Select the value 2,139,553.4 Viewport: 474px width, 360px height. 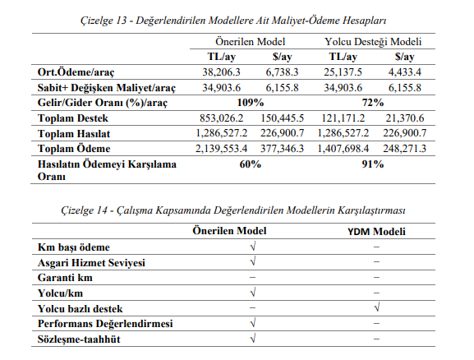pyautogui.click(x=219, y=149)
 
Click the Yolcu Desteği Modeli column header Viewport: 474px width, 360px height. pyautogui.click(x=373, y=41)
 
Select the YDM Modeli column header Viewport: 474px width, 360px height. pyautogui.click(x=375, y=231)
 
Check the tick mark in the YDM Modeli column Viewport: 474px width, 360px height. pyautogui.click(x=375, y=308)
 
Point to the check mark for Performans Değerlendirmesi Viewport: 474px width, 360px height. pyautogui.click(x=252, y=324)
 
